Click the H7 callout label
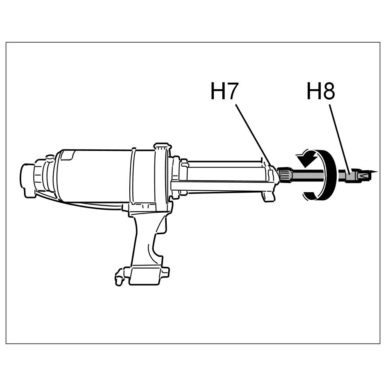pos(224,92)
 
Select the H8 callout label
pos(320,92)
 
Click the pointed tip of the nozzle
pos(374,172)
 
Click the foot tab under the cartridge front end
pos(269,197)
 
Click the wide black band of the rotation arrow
pos(329,176)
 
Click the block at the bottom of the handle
pos(145,275)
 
